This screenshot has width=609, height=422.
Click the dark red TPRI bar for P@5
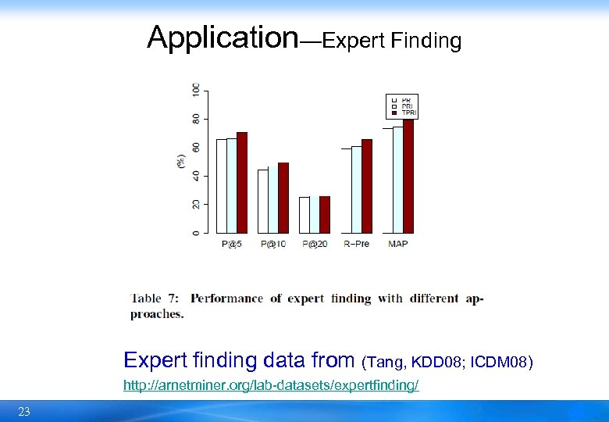click(242, 183)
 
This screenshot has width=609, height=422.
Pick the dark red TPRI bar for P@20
click(325, 214)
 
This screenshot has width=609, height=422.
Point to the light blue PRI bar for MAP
click(397, 180)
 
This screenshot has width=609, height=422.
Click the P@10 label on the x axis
click(273, 244)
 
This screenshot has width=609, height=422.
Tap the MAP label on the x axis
click(397, 244)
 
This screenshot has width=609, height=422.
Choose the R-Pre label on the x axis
click(356, 244)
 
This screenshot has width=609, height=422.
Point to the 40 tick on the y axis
click(194, 176)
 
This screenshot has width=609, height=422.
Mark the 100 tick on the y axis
click(194, 90)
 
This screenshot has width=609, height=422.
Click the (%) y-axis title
click(181, 162)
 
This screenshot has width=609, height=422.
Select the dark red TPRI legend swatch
click(394, 113)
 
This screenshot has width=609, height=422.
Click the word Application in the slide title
click(223, 36)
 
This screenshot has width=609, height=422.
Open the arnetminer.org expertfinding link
click(271, 386)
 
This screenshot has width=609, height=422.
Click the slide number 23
click(24, 412)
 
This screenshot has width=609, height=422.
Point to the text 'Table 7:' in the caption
click(155, 298)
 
